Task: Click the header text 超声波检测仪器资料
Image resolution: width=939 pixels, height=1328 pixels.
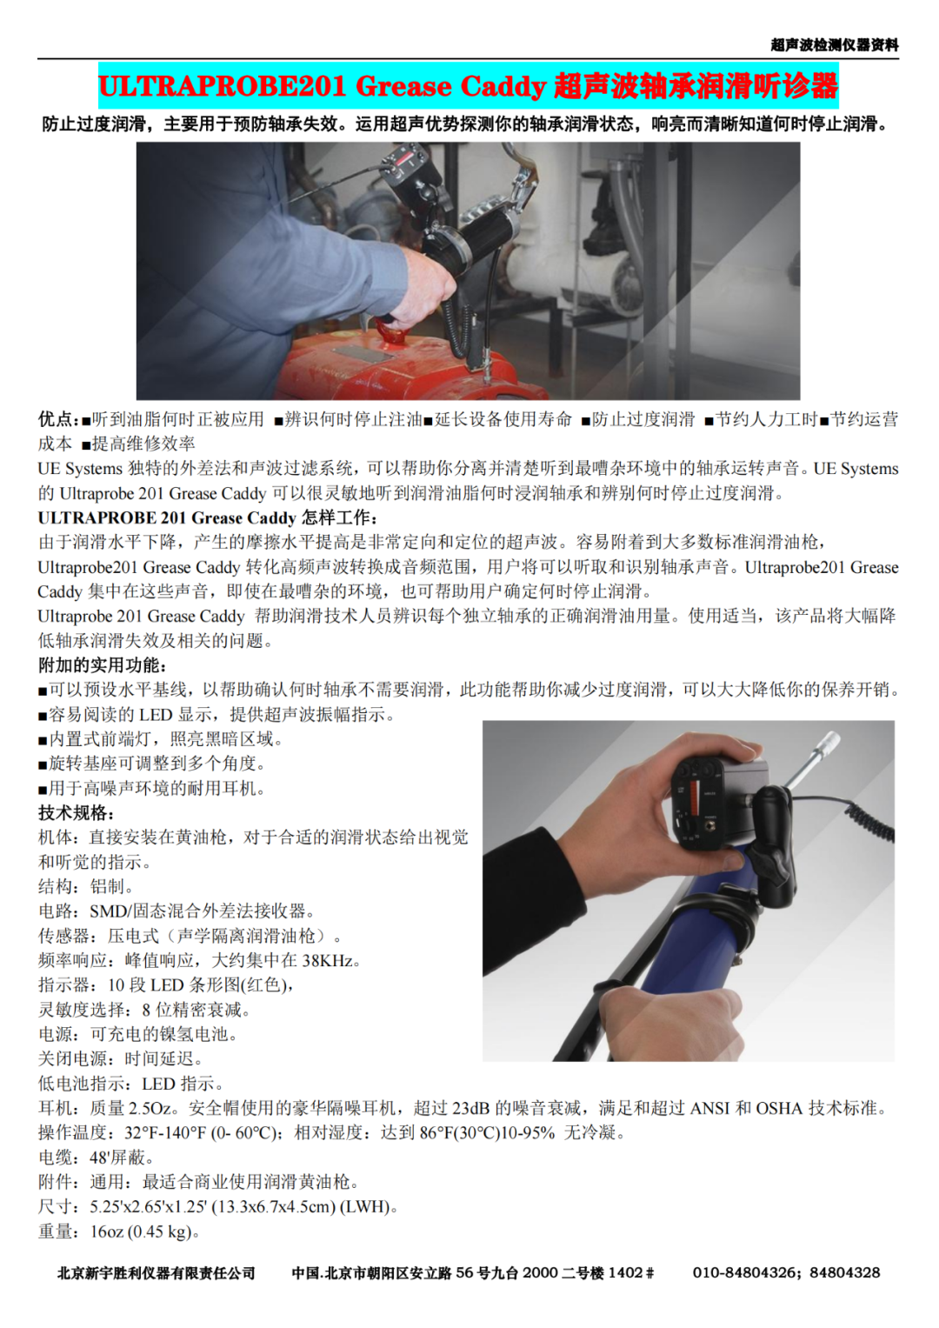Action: click(x=834, y=45)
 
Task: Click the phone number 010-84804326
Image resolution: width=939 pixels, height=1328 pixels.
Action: click(x=744, y=1272)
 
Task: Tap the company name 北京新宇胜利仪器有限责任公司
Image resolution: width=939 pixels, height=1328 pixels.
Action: click(x=156, y=1273)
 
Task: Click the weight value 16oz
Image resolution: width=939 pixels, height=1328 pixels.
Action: click(x=107, y=1232)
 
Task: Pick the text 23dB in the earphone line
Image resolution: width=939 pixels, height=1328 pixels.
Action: click(x=470, y=1108)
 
